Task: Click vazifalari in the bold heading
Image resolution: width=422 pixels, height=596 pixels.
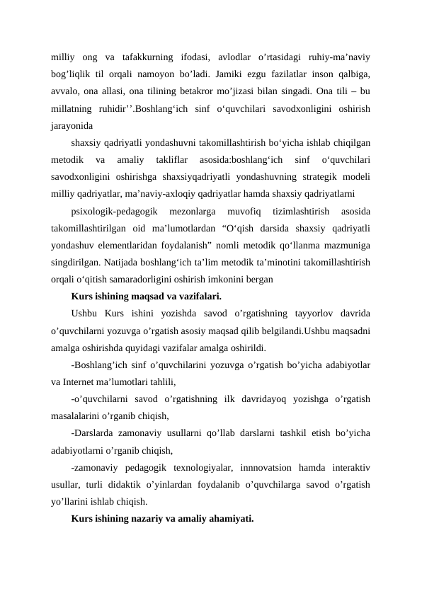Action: pyautogui.click(x=198, y=297)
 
